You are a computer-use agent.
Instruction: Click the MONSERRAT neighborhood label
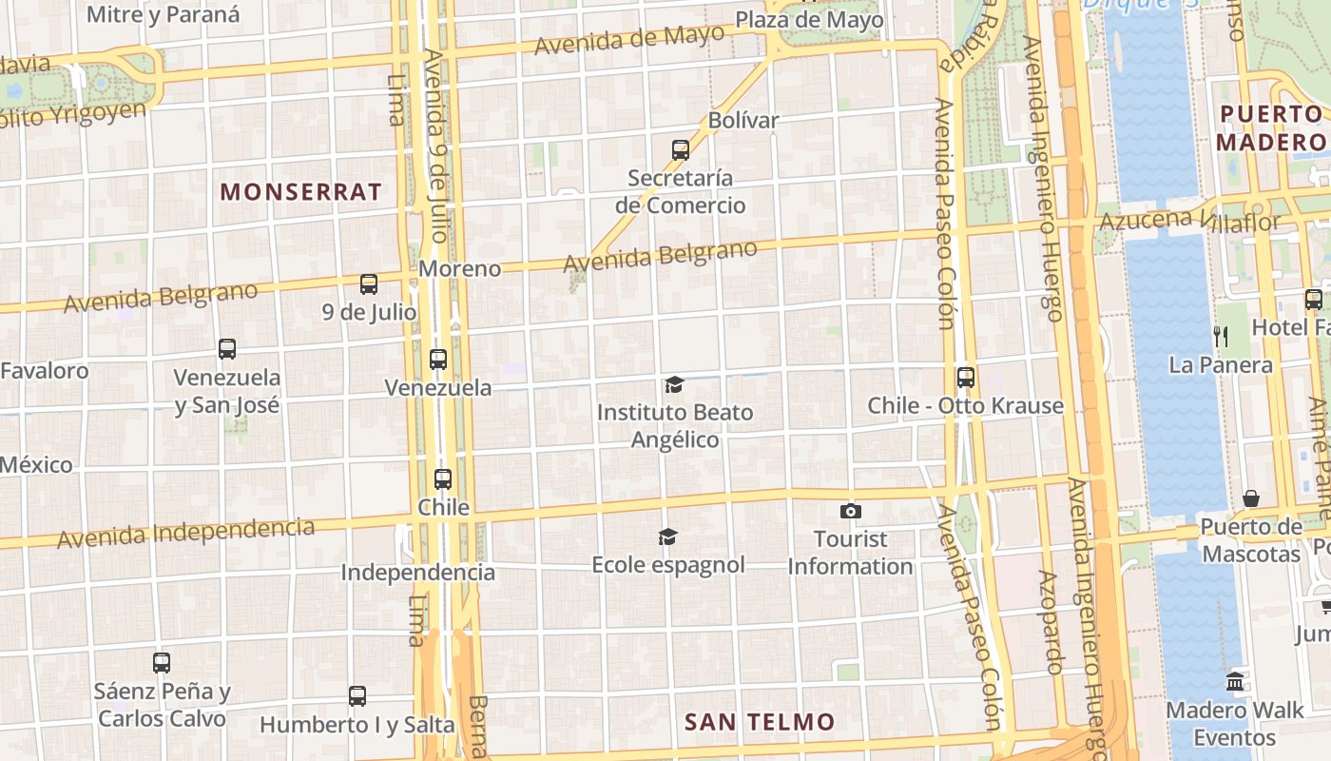click(300, 191)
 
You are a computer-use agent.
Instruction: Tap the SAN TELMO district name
click(760, 722)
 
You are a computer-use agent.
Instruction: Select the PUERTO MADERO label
click(1271, 128)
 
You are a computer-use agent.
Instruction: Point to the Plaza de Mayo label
click(809, 20)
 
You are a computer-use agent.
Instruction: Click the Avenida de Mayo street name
click(629, 40)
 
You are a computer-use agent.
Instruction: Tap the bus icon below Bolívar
click(681, 149)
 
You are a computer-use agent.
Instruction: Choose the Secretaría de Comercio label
click(680, 191)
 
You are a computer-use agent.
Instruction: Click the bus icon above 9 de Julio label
click(369, 283)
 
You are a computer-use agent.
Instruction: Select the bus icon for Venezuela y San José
click(227, 348)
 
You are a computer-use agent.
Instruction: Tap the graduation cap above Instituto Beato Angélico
click(674, 384)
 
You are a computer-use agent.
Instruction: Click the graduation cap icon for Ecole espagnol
click(668, 537)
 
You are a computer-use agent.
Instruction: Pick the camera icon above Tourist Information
click(851, 511)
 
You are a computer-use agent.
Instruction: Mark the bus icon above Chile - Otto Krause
click(966, 377)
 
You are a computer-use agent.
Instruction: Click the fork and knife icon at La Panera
click(1221, 336)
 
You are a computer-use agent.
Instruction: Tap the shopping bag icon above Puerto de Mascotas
click(1251, 498)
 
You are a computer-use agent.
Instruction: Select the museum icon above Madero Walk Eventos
click(1235, 681)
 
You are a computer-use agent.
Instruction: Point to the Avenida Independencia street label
click(186, 533)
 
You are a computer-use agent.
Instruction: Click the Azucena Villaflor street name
click(1189, 221)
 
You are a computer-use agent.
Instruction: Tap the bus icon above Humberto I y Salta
click(357, 695)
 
